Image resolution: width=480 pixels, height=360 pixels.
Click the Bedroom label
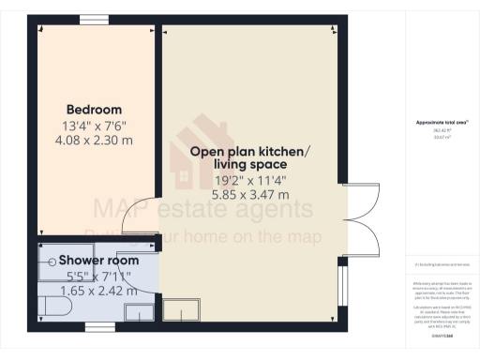tap(93, 109)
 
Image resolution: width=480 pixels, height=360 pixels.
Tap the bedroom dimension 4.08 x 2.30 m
tap(93, 140)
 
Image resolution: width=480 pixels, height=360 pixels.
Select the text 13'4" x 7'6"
tap(93, 125)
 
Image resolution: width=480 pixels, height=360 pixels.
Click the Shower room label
tap(99, 260)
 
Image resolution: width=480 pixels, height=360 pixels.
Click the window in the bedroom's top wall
tap(93, 20)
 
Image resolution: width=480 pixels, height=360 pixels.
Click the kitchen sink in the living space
tap(175, 310)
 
